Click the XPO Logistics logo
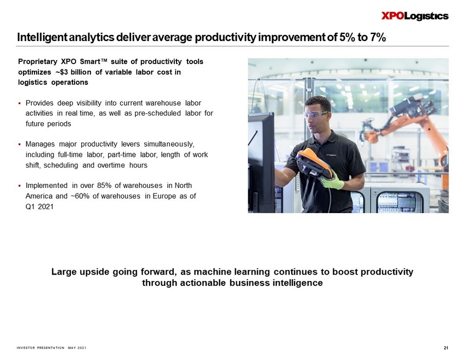pyautogui.click(x=415, y=16)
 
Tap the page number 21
pyautogui.click(x=446, y=348)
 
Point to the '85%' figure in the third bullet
pyautogui.click(x=104, y=186)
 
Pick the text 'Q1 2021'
pyautogui.click(x=39, y=207)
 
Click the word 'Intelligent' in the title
pyautogui.click(x=43, y=38)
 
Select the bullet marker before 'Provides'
pyautogui.click(x=19, y=104)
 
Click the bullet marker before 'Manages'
pyautogui.click(x=19, y=145)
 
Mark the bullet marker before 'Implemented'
pyautogui.click(x=19, y=186)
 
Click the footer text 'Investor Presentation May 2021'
pyautogui.click(x=52, y=348)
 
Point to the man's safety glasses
pyautogui.click(x=316, y=114)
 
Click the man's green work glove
pyautogui.click(x=332, y=182)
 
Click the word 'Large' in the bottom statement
pyautogui.click(x=63, y=272)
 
